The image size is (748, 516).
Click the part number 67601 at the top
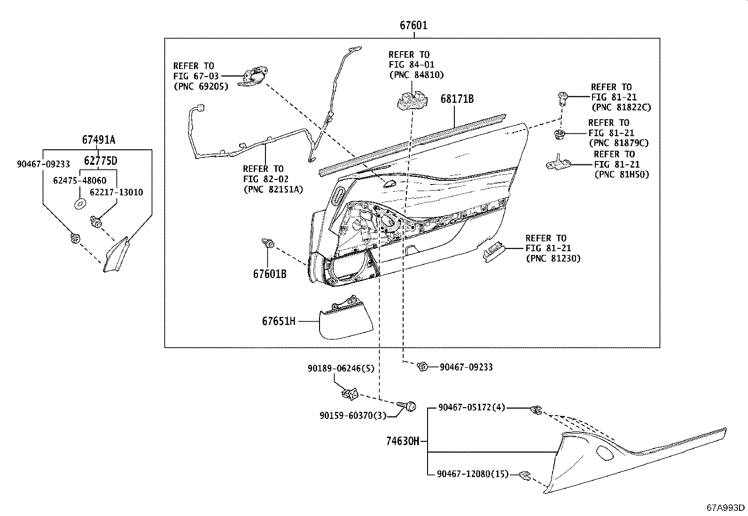click(413, 25)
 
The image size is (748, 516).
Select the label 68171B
click(457, 99)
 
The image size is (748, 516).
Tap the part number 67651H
click(279, 321)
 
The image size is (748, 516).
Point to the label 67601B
click(270, 274)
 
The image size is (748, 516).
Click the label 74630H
click(402, 441)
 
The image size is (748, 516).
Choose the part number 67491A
click(99, 140)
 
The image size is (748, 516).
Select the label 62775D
click(101, 161)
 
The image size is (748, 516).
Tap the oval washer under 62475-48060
click(80, 204)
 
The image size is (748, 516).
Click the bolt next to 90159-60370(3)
click(407, 405)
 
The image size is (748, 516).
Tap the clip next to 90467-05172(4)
click(536, 410)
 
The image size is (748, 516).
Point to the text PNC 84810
click(416, 75)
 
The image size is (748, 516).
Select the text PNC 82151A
click(273, 189)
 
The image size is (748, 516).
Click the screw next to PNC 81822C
click(563, 97)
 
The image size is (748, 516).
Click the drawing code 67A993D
click(726, 508)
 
